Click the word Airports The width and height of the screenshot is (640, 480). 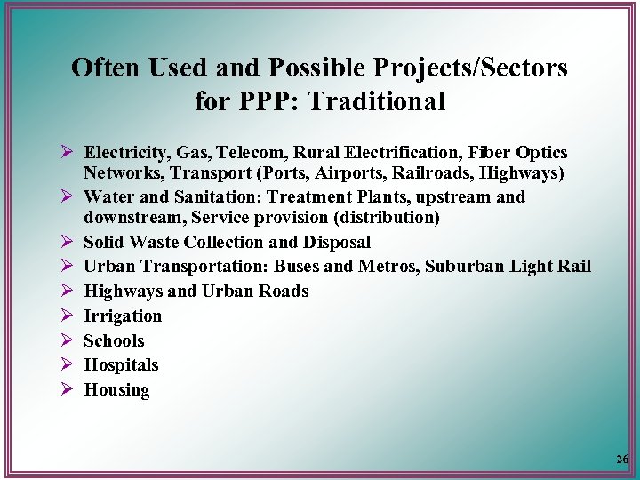click(x=340, y=172)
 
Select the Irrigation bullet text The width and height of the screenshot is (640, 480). click(x=123, y=316)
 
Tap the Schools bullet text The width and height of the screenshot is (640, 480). click(x=114, y=340)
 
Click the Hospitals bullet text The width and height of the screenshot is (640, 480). click(x=121, y=364)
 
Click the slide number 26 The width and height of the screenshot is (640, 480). click(x=621, y=460)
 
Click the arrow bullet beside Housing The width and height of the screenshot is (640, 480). click(x=66, y=389)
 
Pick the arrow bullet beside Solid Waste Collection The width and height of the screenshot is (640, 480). click(x=66, y=242)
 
